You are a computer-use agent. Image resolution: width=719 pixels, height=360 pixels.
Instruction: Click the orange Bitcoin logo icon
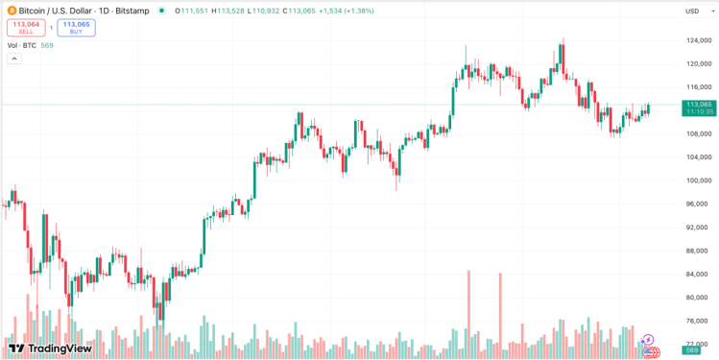point(12,11)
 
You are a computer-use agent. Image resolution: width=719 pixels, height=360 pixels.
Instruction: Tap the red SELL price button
point(26,27)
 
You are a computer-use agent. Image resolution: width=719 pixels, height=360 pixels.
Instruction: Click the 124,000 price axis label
point(698,40)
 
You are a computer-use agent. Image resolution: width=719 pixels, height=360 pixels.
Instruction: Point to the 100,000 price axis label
point(698,180)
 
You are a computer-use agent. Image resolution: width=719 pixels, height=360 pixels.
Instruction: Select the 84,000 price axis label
point(698,274)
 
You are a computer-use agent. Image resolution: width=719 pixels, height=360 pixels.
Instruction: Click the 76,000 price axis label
point(698,321)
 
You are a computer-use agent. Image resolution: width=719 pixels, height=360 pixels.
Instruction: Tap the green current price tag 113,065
point(698,108)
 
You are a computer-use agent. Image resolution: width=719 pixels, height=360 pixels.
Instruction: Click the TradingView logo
point(43,348)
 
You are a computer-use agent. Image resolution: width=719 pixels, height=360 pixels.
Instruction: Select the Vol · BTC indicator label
point(20,45)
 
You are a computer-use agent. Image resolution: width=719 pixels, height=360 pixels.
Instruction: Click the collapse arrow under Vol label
point(14,59)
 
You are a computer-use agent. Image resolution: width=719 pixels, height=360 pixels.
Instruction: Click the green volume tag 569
point(691,350)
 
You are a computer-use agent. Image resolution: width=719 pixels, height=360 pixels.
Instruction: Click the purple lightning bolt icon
point(648,339)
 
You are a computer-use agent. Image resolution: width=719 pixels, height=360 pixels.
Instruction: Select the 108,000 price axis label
point(698,133)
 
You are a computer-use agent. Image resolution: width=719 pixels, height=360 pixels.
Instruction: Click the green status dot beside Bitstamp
point(161,11)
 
